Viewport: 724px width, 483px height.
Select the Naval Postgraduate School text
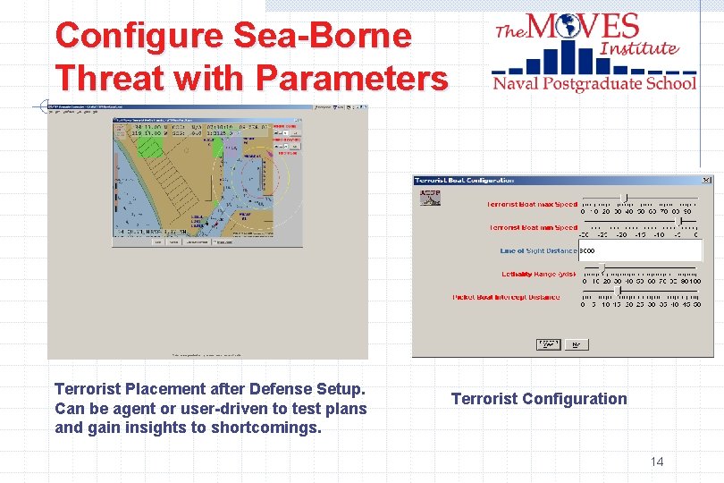click(594, 83)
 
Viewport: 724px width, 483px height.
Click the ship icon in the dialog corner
click(430, 197)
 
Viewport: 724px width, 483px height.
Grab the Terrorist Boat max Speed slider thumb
click(624, 197)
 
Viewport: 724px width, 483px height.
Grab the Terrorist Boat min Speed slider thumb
click(682, 220)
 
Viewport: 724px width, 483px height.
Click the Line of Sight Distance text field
click(639, 251)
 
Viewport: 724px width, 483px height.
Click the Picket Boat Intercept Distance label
click(506, 297)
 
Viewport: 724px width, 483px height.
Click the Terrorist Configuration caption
click(539, 399)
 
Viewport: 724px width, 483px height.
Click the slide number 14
click(657, 462)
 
